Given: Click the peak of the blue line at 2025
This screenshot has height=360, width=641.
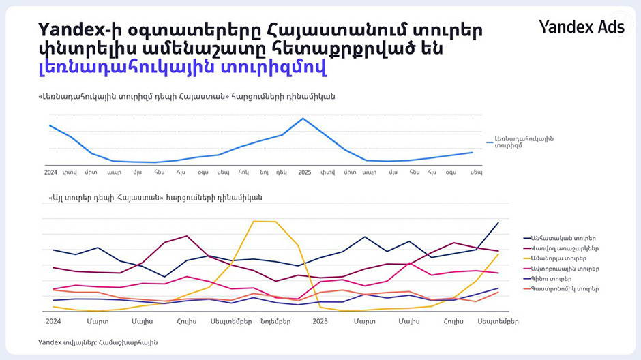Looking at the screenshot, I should pos(303,119).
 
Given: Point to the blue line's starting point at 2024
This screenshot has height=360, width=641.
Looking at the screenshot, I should pos(50,125).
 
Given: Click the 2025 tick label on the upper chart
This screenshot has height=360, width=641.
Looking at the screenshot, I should pos(304,172).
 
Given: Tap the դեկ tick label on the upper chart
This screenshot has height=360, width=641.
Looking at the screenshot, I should pos(282,172).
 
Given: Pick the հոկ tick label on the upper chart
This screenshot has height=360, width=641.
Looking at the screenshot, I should pos(243,172).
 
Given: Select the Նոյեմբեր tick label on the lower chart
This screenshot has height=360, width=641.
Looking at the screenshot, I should pos(275,320).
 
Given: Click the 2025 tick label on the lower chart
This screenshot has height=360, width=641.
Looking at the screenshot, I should pos(320,320).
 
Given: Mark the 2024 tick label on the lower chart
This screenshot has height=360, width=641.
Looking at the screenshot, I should pos(53,320).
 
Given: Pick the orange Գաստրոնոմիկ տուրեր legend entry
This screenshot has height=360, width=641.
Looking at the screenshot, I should pos(563,289).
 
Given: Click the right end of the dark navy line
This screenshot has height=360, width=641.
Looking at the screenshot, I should pos(498,223).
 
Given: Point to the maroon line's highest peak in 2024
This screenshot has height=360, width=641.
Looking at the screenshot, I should pos(187,236).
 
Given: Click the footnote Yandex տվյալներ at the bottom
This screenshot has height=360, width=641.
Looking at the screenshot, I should pos(98,342).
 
